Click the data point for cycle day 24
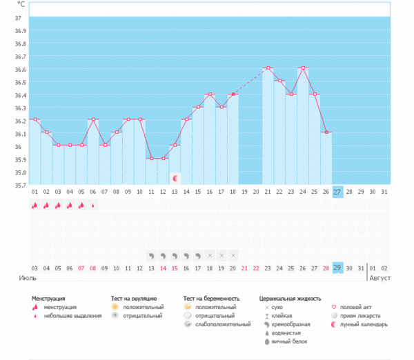(x=302, y=68)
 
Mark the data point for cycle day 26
(x=326, y=132)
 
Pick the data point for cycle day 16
(x=210, y=94)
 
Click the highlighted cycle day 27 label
(x=337, y=191)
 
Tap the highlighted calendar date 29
(x=337, y=268)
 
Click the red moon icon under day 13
(x=175, y=178)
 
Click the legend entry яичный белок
(x=289, y=341)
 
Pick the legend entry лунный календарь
(x=363, y=323)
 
